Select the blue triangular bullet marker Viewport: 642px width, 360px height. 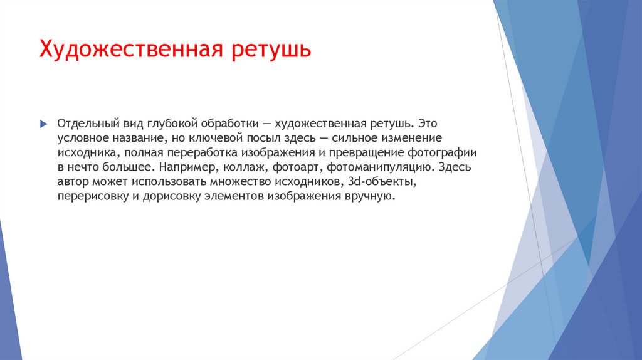[x=43, y=124]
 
